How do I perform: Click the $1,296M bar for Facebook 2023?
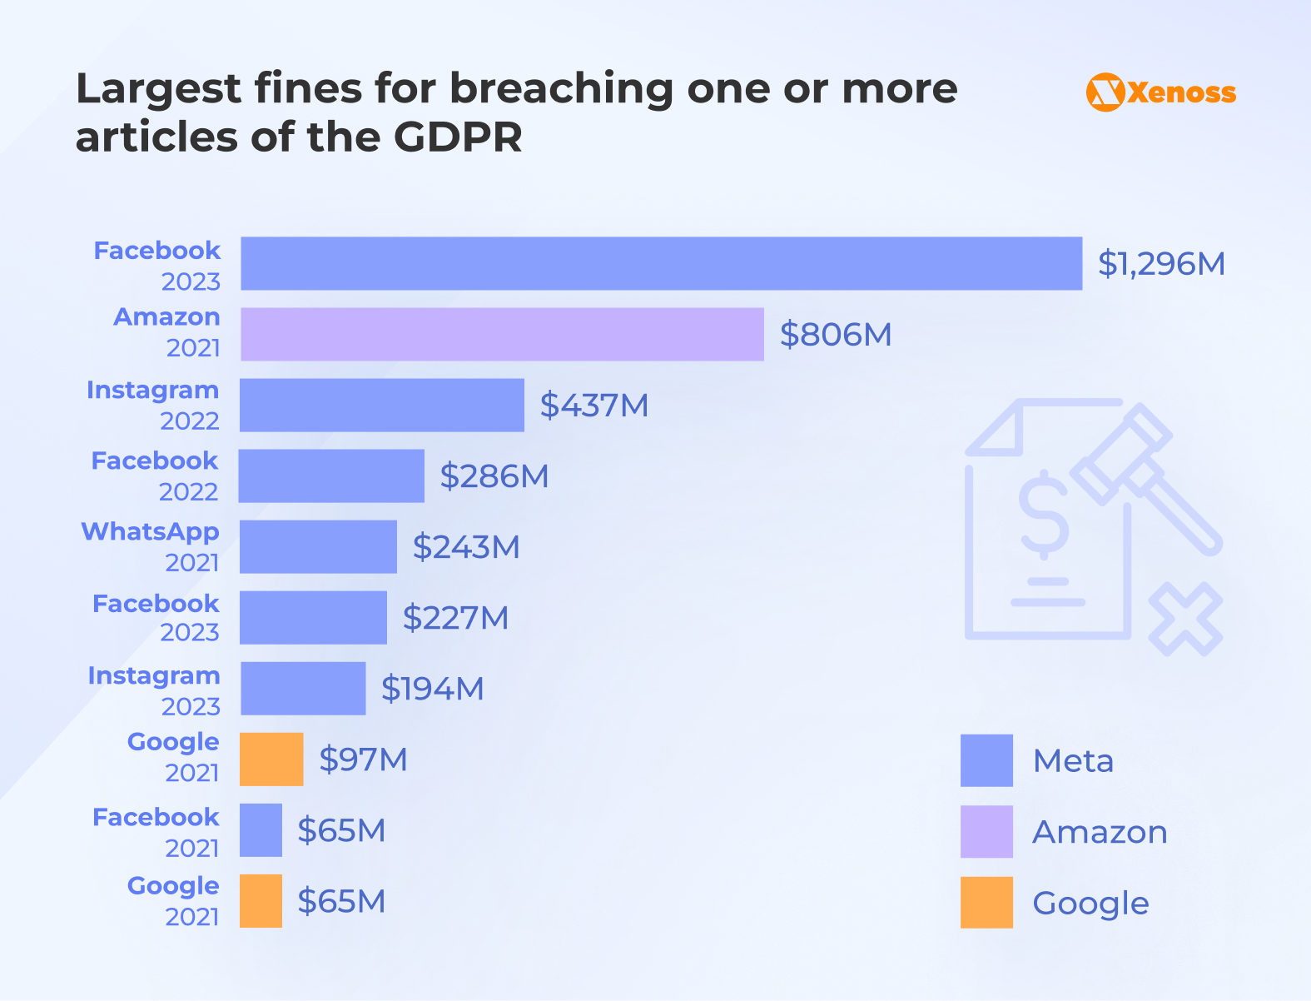[662, 263]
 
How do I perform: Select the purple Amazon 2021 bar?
[502, 334]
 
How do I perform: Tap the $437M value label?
[593, 406]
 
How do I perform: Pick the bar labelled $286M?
[331, 476]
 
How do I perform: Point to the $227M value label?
[455, 618]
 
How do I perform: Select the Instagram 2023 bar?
[303, 688]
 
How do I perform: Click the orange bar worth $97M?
[271, 759]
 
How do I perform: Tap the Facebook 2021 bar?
[261, 829]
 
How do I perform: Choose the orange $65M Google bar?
[261, 900]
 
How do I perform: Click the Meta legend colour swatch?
[986, 760]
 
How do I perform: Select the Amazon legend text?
[1100, 832]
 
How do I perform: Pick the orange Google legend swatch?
[986, 902]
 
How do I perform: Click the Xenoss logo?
[1160, 92]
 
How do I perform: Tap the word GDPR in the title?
[458, 137]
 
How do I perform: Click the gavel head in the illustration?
[1121, 454]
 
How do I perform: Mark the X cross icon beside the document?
[1185, 619]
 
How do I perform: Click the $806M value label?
[835, 335]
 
